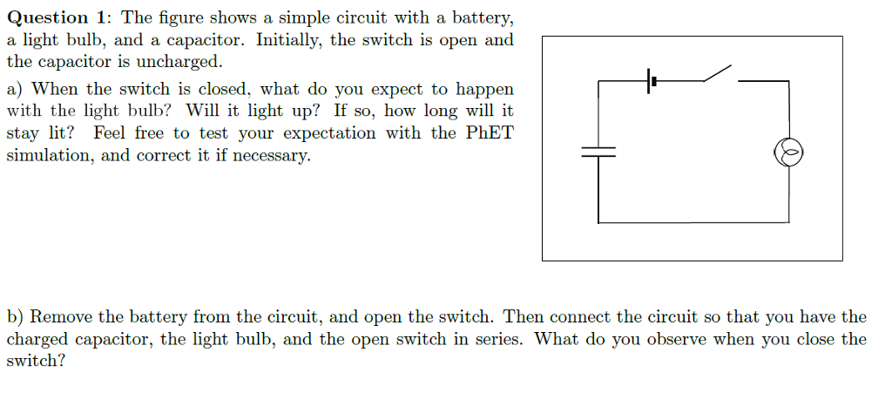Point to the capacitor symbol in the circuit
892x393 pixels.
pos(598,152)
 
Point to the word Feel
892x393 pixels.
pos(110,133)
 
